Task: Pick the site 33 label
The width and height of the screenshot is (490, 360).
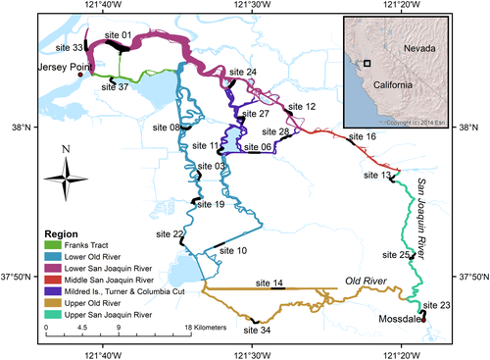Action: (x=71, y=46)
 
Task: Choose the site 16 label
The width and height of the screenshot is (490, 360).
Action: (x=364, y=136)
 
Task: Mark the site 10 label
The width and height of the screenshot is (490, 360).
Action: (x=233, y=251)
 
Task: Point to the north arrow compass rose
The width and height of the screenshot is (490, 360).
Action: (x=65, y=179)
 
